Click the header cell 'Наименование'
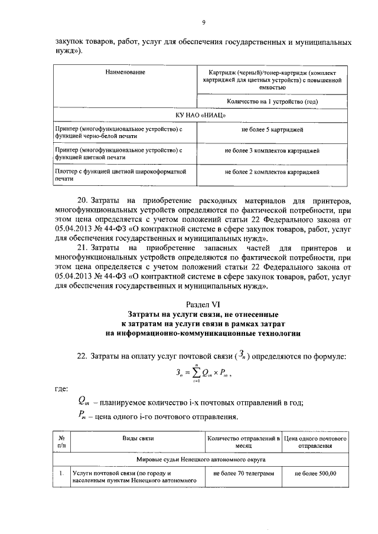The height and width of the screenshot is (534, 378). pos(125,72)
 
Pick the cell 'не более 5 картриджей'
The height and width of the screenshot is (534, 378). pos(272,129)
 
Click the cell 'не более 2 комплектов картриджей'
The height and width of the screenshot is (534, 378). pos(272,172)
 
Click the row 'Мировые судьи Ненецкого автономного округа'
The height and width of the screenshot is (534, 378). pos(201,458)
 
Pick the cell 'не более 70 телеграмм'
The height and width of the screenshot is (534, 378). pos(244,473)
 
